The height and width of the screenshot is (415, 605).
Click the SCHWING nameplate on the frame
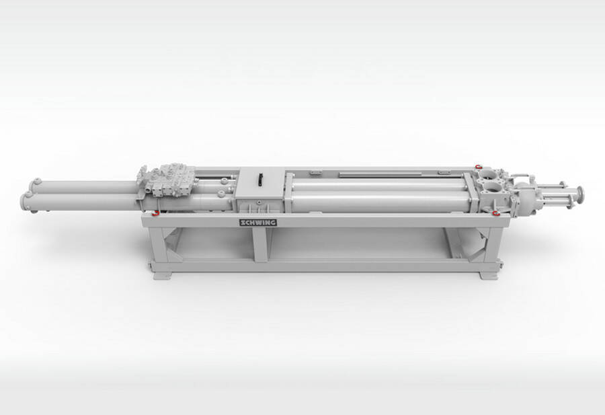(258, 223)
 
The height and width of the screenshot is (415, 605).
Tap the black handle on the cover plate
(260, 180)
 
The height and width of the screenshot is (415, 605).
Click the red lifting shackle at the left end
(155, 213)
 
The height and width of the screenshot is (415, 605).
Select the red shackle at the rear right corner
(479, 166)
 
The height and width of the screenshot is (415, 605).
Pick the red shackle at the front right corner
(496, 213)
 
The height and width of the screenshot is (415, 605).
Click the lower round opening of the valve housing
(489, 189)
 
